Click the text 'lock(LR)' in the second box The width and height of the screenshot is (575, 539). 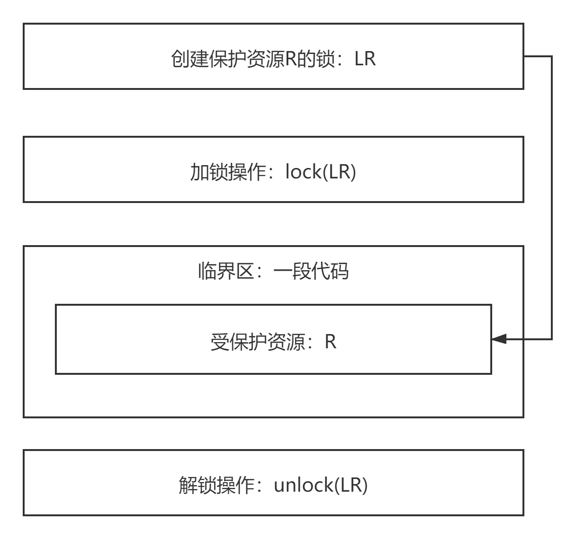click(x=320, y=172)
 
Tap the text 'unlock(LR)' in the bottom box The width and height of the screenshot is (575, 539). click(x=320, y=485)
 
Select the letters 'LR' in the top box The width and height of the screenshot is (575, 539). click(x=365, y=59)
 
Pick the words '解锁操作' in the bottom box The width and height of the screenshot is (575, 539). click(x=217, y=486)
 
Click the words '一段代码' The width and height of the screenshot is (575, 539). click(x=311, y=272)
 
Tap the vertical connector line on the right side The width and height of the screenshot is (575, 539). click(x=552, y=199)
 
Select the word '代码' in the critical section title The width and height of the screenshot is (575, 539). click(x=330, y=272)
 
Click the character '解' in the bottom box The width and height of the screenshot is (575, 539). click(x=188, y=486)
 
